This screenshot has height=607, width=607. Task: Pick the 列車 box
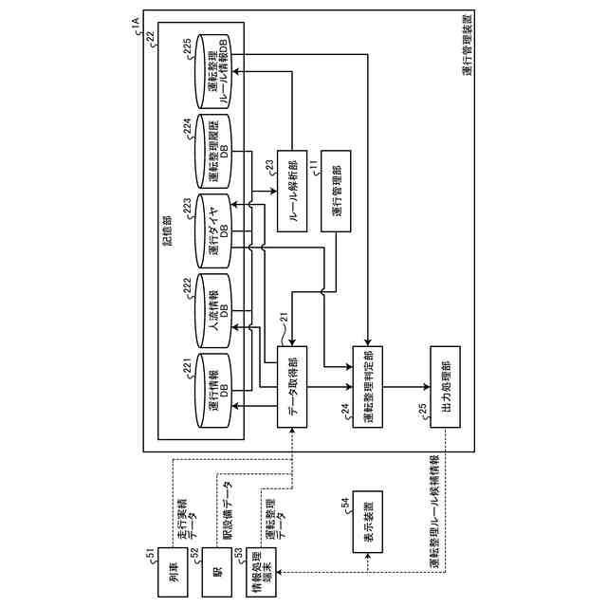(173, 570)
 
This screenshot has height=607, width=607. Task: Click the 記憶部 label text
(165, 228)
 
